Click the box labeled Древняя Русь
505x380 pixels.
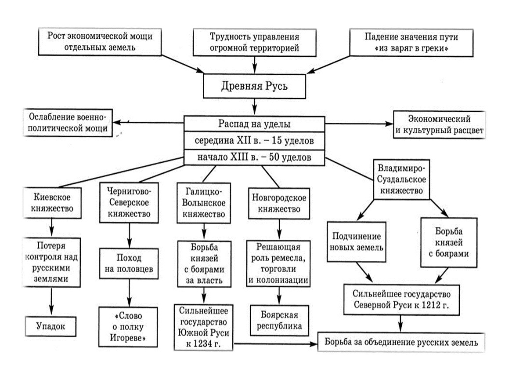[254, 85]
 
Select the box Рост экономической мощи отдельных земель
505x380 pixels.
[100, 42]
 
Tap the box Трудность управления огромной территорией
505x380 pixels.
[255, 42]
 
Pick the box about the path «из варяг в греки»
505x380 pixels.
[406, 42]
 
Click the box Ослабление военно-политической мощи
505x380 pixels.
[68, 123]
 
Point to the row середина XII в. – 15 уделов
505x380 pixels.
[254, 141]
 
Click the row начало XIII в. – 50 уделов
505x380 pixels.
[254, 157]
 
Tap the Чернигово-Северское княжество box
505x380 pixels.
[128, 203]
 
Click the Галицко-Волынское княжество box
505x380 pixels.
[203, 203]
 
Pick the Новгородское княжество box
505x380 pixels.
[279, 203]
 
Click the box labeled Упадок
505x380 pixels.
[51, 326]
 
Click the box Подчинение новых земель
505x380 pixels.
[356, 242]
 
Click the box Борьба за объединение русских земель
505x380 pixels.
[401, 342]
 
